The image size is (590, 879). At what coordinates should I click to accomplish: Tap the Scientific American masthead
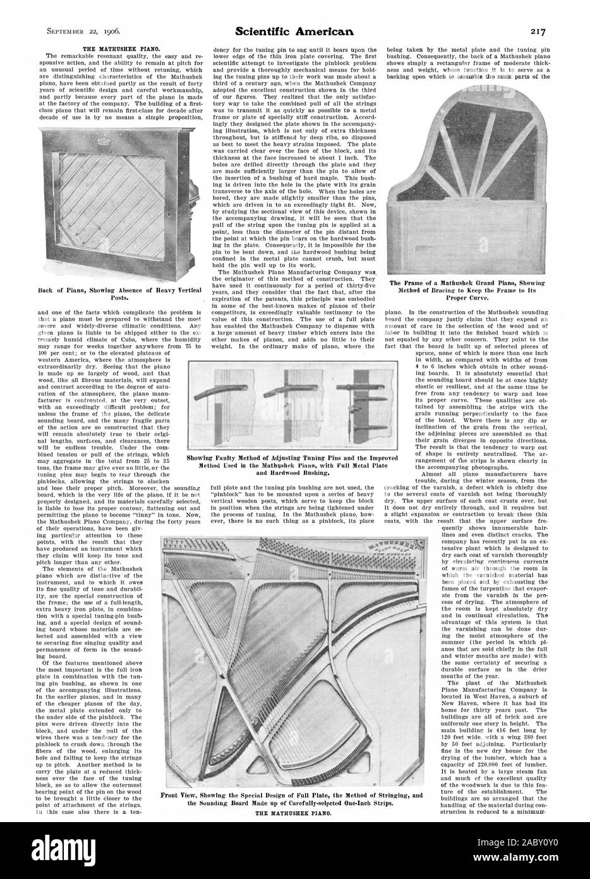pyautogui.click(x=294, y=30)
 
